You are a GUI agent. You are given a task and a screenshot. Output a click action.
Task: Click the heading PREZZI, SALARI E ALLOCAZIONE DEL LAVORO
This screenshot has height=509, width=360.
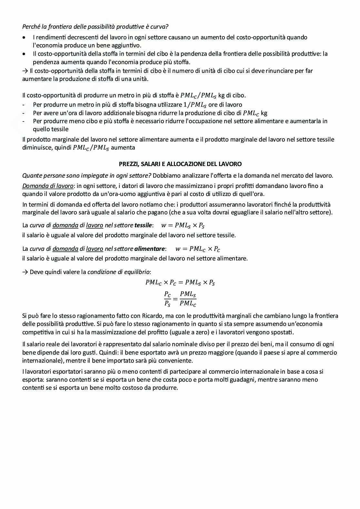(180, 164)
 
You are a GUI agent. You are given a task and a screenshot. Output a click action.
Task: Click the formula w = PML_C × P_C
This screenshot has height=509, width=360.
(197, 249)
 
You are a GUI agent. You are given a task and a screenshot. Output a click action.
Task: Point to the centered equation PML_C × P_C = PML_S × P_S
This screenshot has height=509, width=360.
(180, 282)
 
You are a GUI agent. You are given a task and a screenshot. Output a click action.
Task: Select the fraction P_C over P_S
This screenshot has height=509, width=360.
(167, 299)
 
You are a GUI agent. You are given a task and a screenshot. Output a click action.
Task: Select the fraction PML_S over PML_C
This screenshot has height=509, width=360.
(188, 299)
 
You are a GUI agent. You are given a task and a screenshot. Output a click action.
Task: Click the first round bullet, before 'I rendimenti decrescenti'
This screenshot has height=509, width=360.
(25, 37)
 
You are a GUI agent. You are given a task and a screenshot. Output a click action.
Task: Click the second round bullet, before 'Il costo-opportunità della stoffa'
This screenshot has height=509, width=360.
(25, 54)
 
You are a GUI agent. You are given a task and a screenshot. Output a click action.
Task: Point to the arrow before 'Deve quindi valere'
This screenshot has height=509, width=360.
(25, 272)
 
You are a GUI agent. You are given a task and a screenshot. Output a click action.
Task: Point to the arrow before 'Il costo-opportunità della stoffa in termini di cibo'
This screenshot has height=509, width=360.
(25, 71)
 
